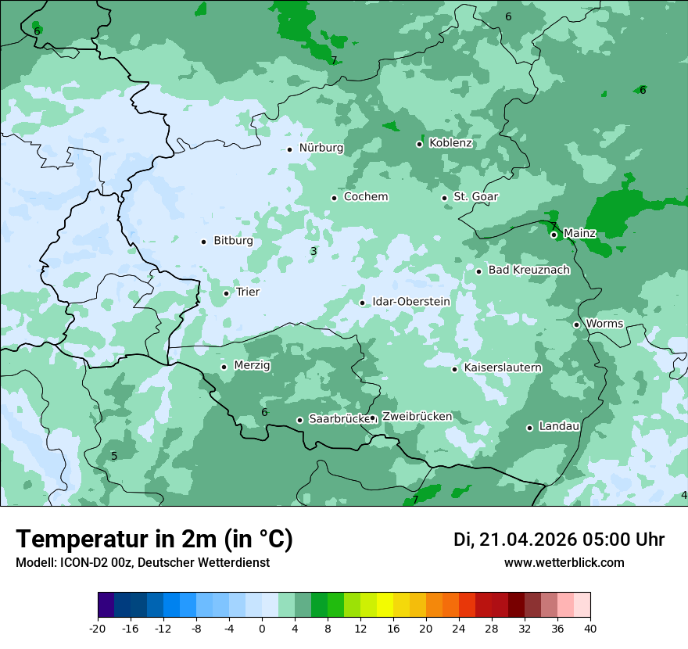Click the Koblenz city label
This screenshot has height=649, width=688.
pos(450,143)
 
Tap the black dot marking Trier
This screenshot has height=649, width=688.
pos(227,293)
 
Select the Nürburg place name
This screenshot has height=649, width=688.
pos(321,148)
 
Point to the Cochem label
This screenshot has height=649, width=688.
pos(365,197)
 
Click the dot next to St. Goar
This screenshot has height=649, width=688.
pos(445,198)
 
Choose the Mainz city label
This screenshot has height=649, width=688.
pos(579,234)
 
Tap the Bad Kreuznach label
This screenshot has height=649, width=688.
pos(529,271)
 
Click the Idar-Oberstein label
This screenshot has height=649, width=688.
pos(410,302)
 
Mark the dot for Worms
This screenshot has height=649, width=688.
pos(577,324)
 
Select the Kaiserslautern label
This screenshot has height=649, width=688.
pos(503,368)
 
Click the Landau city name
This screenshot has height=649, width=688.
pos(559,427)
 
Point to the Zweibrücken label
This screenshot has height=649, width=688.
pos(417,417)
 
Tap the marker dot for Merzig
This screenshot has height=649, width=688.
pos(224,367)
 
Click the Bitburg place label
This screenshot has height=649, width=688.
pos(233,241)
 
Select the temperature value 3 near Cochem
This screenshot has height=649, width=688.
pos(314,252)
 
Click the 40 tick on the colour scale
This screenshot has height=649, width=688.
pos(590,628)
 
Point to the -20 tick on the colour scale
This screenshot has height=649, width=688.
pos(98,628)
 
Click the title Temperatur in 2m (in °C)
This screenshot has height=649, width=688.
pos(154,540)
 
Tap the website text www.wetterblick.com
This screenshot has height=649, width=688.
pos(564,563)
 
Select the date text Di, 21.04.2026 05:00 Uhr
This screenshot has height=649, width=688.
pos(559,540)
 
